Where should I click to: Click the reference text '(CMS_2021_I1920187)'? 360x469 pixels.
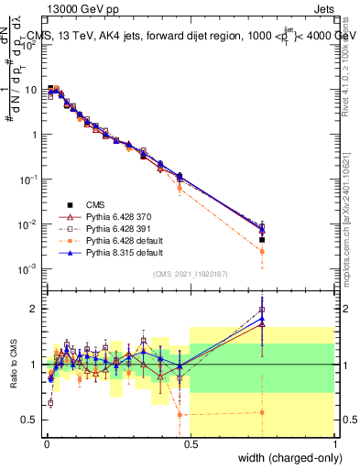click(191, 273)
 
